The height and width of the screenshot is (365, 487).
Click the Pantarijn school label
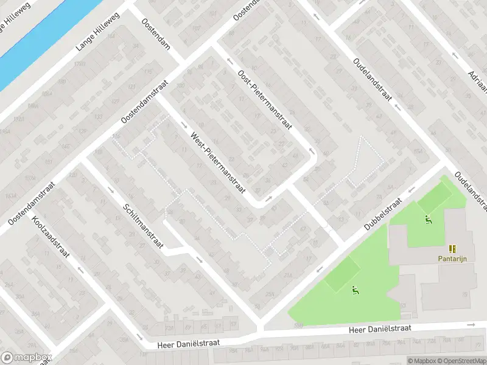(451, 258)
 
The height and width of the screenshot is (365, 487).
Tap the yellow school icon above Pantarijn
(452, 248)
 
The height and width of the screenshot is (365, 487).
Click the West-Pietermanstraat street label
(217, 162)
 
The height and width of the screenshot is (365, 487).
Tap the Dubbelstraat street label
(384, 214)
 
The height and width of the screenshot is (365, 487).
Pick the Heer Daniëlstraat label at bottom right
(380, 329)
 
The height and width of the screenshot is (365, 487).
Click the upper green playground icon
(427, 220)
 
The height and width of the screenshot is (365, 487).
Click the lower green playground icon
(354, 290)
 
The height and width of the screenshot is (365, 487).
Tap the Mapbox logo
(26, 358)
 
